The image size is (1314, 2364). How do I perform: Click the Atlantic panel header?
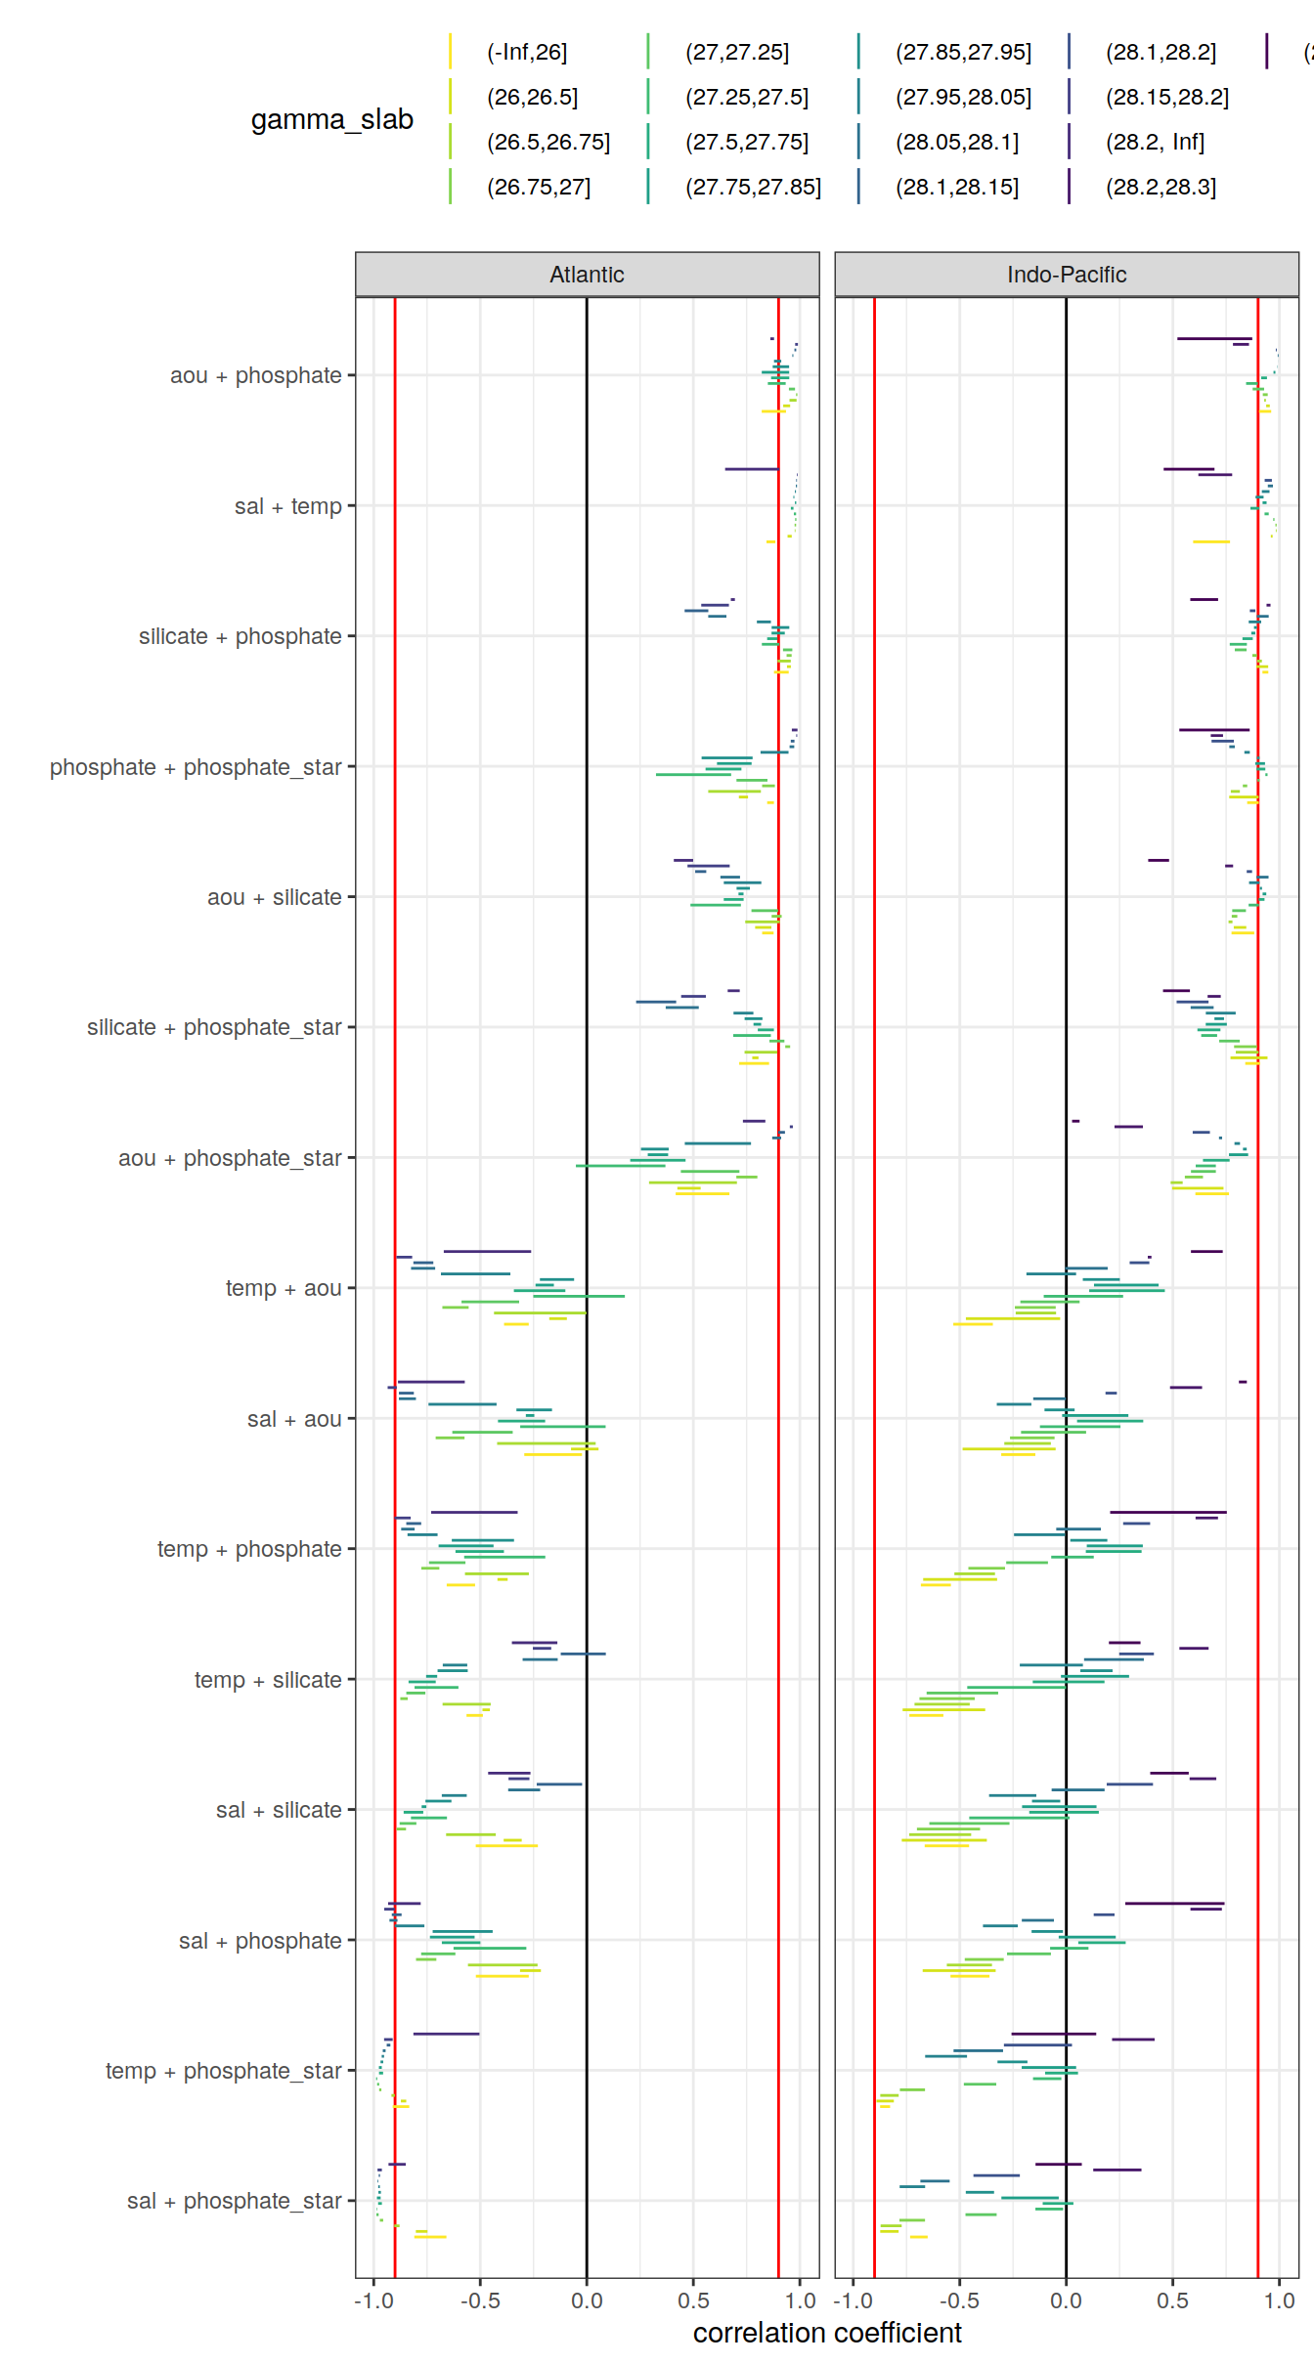coord(587,275)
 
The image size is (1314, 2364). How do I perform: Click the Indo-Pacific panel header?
coord(1066,275)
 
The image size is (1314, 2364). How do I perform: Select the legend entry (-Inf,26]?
coord(526,52)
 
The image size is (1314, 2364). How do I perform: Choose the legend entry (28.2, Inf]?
coord(1155,142)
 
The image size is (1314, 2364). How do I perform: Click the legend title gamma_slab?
coord(331,119)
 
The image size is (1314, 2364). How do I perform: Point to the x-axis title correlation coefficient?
coord(827,2333)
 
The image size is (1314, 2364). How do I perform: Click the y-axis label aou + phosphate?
coord(255,375)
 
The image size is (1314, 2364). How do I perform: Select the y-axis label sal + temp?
coord(287,506)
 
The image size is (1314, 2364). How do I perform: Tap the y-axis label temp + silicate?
coord(268,1680)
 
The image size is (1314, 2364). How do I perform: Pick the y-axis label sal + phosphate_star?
coord(234,2201)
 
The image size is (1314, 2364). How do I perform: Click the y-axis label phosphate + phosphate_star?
coord(196,767)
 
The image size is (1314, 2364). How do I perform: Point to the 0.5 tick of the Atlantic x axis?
coord(693,2300)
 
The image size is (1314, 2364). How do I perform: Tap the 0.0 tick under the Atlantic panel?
coord(587,2300)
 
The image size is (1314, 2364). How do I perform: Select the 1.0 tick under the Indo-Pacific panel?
coord(1279,2300)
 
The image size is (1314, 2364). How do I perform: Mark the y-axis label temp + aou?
coord(284,1288)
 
